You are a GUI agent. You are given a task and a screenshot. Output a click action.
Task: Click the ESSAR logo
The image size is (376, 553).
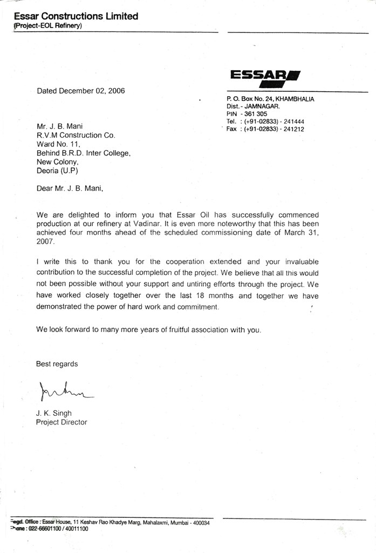[265, 79]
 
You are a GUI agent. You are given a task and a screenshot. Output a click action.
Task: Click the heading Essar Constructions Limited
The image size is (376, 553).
[76, 16]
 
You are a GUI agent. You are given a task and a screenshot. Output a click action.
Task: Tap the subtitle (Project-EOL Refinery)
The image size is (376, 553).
[47, 26]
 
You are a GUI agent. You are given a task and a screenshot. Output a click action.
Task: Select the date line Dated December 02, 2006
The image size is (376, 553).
[81, 91]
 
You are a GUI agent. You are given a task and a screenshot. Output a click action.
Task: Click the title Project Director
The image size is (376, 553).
[61, 422]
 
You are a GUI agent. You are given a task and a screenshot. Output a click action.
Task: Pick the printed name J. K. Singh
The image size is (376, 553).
[54, 413]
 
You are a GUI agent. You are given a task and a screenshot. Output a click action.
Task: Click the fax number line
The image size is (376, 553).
[265, 130]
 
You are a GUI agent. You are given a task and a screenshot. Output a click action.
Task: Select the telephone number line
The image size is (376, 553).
[265, 122]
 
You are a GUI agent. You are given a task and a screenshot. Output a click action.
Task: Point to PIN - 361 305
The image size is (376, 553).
[247, 114]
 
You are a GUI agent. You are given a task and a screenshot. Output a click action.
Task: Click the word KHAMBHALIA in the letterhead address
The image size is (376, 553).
[295, 99]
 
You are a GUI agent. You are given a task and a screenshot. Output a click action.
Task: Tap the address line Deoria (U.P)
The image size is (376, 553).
[57, 171]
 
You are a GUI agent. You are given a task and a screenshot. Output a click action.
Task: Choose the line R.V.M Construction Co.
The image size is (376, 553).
[76, 135]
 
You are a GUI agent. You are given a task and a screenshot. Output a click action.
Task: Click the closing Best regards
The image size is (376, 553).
[57, 364]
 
